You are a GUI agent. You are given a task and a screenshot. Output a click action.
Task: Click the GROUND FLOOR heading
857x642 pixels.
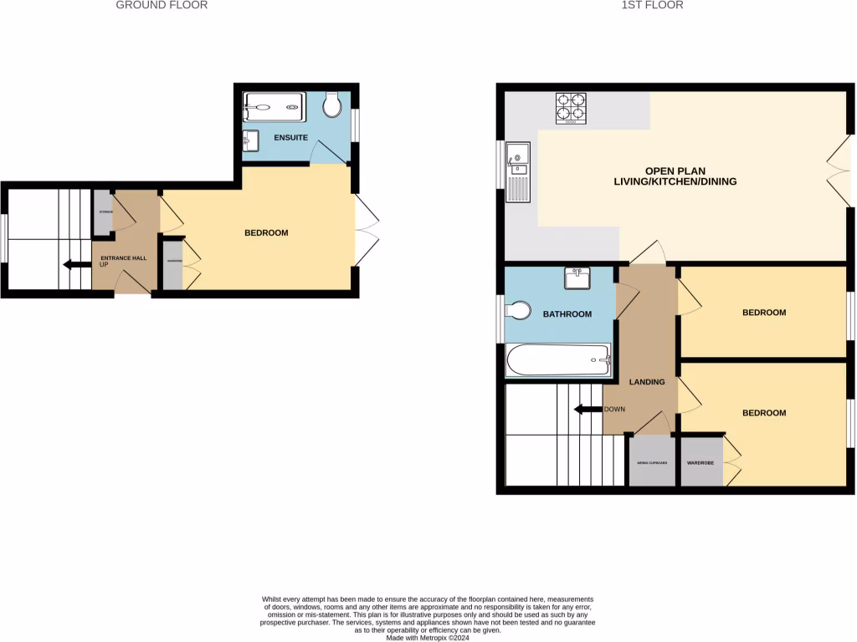click(162, 5)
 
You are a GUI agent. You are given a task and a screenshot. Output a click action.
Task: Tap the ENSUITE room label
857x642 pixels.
click(291, 137)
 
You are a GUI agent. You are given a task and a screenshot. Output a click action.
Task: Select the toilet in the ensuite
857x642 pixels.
click(332, 104)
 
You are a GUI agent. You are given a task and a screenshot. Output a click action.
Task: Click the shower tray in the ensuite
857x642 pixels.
click(276, 107)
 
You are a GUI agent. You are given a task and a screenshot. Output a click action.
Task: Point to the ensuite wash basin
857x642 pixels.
click(251, 140)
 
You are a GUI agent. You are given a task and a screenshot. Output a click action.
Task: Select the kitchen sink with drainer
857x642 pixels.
click(517, 172)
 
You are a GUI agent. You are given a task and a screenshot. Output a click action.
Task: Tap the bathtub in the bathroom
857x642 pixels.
click(559, 360)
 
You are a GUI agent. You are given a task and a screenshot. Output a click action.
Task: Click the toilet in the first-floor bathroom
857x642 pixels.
click(517, 311)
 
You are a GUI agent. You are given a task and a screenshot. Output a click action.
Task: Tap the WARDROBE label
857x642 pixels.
click(699, 461)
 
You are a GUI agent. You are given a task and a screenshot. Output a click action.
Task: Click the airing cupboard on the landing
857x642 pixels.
click(651, 461)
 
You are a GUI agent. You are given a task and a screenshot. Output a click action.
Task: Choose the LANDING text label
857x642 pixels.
click(647, 382)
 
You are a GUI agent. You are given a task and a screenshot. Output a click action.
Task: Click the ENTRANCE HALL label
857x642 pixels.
click(123, 258)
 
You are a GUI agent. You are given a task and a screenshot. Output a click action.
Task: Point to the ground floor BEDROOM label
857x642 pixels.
click(266, 232)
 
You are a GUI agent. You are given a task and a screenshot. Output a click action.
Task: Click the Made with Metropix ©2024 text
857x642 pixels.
click(428, 637)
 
